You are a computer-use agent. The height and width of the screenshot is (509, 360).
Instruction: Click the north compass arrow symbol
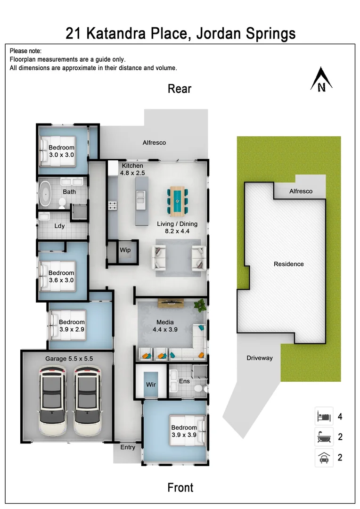[x=321, y=79]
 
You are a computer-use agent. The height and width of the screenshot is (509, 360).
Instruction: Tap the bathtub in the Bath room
[x=45, y=194]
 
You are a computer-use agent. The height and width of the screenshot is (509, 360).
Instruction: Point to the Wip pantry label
[x=125, y=250]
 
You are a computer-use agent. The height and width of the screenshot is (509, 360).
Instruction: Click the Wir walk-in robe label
[x=151, y=385]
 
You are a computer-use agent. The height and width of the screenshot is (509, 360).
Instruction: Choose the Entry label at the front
[x=127, y=447]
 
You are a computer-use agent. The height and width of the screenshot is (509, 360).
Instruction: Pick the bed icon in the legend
[x=324, y=417]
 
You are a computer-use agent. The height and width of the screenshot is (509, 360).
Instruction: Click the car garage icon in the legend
[x=324, y=458]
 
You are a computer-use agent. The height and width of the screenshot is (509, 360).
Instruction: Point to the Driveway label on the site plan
[x=260, y=358]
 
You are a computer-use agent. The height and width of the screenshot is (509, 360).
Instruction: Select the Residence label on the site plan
[x=289, y=264]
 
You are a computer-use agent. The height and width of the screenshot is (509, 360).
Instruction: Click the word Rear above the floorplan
[x=180, y=89]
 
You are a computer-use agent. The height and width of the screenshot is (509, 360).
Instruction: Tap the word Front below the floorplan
[x=180, y=487]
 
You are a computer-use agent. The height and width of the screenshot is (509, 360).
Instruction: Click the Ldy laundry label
[x=59, y=226]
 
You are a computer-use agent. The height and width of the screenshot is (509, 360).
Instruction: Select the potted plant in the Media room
[x=201, y=305]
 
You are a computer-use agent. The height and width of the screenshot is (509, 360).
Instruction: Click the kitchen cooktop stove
[x=113, y=205]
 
